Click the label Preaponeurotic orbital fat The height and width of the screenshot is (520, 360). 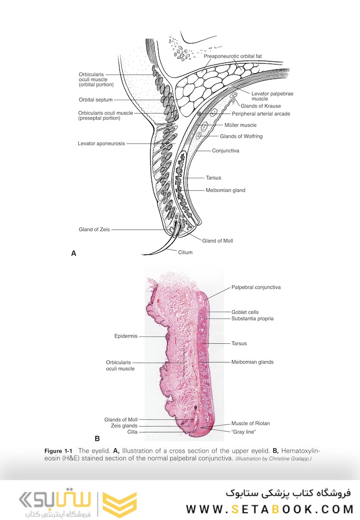[233, 56]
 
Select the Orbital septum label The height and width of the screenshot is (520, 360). [96, 100]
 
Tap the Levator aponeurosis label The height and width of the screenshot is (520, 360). [102, 143]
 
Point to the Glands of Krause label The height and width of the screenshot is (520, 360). [260, 106]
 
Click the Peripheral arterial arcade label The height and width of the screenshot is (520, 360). [261, 114]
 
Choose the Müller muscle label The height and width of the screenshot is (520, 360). [240, 125]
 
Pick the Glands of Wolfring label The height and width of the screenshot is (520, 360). [241, 136]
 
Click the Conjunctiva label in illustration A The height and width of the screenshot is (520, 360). [225, 151]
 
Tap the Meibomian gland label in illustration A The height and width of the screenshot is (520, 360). [225, 190]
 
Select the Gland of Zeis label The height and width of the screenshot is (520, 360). [94, 230]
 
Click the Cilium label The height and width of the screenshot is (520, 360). [185, 252]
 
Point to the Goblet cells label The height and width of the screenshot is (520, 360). [245, 312]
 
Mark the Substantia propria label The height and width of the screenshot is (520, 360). [252, 319]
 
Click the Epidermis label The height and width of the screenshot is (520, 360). [126, 336]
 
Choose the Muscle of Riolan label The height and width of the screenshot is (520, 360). [251, 424]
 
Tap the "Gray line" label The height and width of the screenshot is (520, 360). [244, 432]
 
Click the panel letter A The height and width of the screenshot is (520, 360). [74, 253]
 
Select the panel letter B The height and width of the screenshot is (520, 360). [97, 439]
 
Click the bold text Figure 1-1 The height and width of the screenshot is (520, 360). [58, 451]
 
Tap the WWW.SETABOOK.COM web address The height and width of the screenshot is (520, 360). [270, 509]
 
